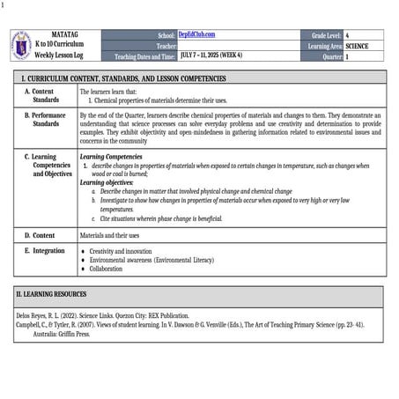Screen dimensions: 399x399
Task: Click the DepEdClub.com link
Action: [196, 34]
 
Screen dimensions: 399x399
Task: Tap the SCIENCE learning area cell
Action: [357, 46]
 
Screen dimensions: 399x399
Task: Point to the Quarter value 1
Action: [348, 56]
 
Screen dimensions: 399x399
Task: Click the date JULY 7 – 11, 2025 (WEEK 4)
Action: [218, 55]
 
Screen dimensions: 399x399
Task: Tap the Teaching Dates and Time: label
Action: [145, 56]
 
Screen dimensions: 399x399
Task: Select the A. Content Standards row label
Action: [44, 95]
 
